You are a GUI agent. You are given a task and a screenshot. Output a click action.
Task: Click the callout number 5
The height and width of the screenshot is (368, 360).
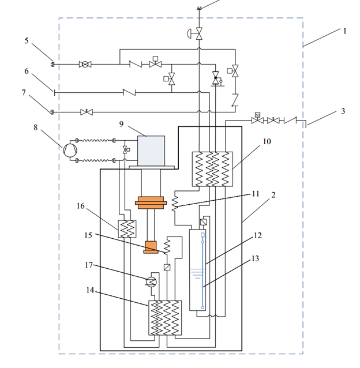tap(27, 41)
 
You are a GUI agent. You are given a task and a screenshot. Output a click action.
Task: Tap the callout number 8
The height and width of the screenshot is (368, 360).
tap(35, 127)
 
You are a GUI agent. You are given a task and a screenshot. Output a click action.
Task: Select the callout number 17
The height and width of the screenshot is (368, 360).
tap(89, 265)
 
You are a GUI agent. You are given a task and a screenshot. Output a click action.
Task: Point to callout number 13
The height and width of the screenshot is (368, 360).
tap(255, 258)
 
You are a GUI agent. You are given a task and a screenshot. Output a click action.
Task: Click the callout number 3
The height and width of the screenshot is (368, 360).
tap(343, 111)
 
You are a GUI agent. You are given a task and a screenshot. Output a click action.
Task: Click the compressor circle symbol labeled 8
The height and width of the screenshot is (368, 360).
tap(70, 150)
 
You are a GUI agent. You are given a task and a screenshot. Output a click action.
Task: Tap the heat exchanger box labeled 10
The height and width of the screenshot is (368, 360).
tap(212, 169)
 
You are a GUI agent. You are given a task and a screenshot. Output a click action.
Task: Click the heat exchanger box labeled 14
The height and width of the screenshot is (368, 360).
tap(165, 318)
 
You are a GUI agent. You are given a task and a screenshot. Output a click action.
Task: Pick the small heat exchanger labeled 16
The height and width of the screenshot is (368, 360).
tap(127, 229)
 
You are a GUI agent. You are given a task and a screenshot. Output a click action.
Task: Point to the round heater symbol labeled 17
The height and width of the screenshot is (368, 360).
tap(152, 281)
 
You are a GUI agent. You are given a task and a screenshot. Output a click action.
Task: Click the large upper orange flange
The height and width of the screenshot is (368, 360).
tap(151, 203)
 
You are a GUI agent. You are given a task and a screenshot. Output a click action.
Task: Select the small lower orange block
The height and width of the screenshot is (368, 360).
tap(151, 247)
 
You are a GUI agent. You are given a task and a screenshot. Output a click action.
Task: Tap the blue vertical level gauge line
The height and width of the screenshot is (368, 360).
tap(202, 271)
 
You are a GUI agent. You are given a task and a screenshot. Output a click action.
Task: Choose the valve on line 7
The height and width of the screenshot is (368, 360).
tap(87, 112)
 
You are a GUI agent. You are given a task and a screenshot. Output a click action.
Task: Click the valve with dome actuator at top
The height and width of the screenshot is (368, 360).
tap(196, 33)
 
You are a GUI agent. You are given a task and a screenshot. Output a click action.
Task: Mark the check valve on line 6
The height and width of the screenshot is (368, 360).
tap(129, 92)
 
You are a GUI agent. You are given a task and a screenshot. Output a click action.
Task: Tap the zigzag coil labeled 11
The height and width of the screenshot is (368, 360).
tap(175, 204)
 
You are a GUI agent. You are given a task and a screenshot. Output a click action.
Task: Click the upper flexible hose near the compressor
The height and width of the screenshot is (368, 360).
tap(95, 141)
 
